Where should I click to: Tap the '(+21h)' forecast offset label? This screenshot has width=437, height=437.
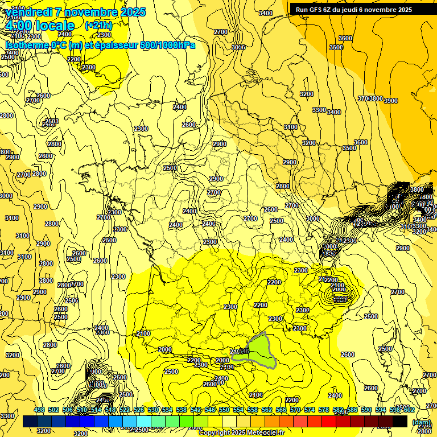[98, 26]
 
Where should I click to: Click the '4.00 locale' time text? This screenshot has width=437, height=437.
[39, 26]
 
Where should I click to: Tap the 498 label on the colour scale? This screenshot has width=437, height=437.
[39, 410]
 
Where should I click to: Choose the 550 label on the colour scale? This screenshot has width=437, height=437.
[224, 410]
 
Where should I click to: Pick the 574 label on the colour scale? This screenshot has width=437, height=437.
[310, 410]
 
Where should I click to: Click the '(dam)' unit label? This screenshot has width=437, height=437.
[421, 423]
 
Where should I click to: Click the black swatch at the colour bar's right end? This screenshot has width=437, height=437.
[400, 422]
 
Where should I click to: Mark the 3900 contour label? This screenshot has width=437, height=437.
[390, 100]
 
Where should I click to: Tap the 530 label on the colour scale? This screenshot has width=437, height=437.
[153, 410]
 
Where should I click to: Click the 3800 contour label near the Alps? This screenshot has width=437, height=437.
[417, 189]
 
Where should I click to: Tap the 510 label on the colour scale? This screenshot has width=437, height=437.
[82, 410]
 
